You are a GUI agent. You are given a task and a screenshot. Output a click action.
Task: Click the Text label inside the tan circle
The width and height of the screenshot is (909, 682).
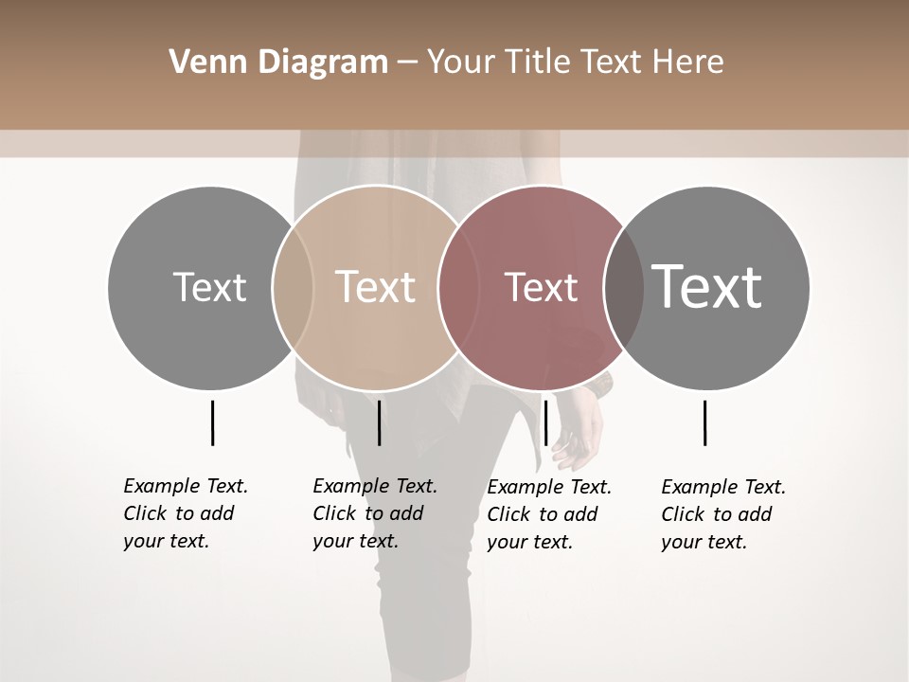coord(376,287)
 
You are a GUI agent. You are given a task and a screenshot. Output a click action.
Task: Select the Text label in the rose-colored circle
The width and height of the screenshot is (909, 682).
coord(541,287)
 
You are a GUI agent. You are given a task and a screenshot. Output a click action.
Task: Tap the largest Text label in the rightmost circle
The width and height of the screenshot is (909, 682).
coord(707,286)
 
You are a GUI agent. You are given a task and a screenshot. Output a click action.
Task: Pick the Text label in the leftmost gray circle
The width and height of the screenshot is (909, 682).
coord(209,287)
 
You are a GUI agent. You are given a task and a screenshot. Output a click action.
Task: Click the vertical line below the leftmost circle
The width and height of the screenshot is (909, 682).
coord(212,422)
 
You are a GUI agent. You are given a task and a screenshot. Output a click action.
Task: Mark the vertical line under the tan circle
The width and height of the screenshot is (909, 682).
coord(379,422)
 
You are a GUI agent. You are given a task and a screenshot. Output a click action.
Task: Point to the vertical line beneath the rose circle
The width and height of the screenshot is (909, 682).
coord(545,422)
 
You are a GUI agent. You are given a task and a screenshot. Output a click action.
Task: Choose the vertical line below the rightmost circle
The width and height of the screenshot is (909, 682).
coord(704,422)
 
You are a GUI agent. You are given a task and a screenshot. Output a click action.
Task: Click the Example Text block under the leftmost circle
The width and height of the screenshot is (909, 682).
coord(186,513)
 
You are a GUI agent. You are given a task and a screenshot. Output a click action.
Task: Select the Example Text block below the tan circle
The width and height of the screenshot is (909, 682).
coord(375,513)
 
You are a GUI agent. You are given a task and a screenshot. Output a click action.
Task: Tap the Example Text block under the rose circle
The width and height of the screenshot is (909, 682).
coord(549,514)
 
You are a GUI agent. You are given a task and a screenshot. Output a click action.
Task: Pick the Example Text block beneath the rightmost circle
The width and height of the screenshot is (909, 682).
coord(723,514)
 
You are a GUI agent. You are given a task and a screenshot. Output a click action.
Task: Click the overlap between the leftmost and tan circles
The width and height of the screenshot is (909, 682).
coord(293,287)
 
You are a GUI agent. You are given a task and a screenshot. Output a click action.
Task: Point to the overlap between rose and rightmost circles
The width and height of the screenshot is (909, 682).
coord(624,287)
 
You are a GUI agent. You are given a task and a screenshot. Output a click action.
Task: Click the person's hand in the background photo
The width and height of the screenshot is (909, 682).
coord(579,437)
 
